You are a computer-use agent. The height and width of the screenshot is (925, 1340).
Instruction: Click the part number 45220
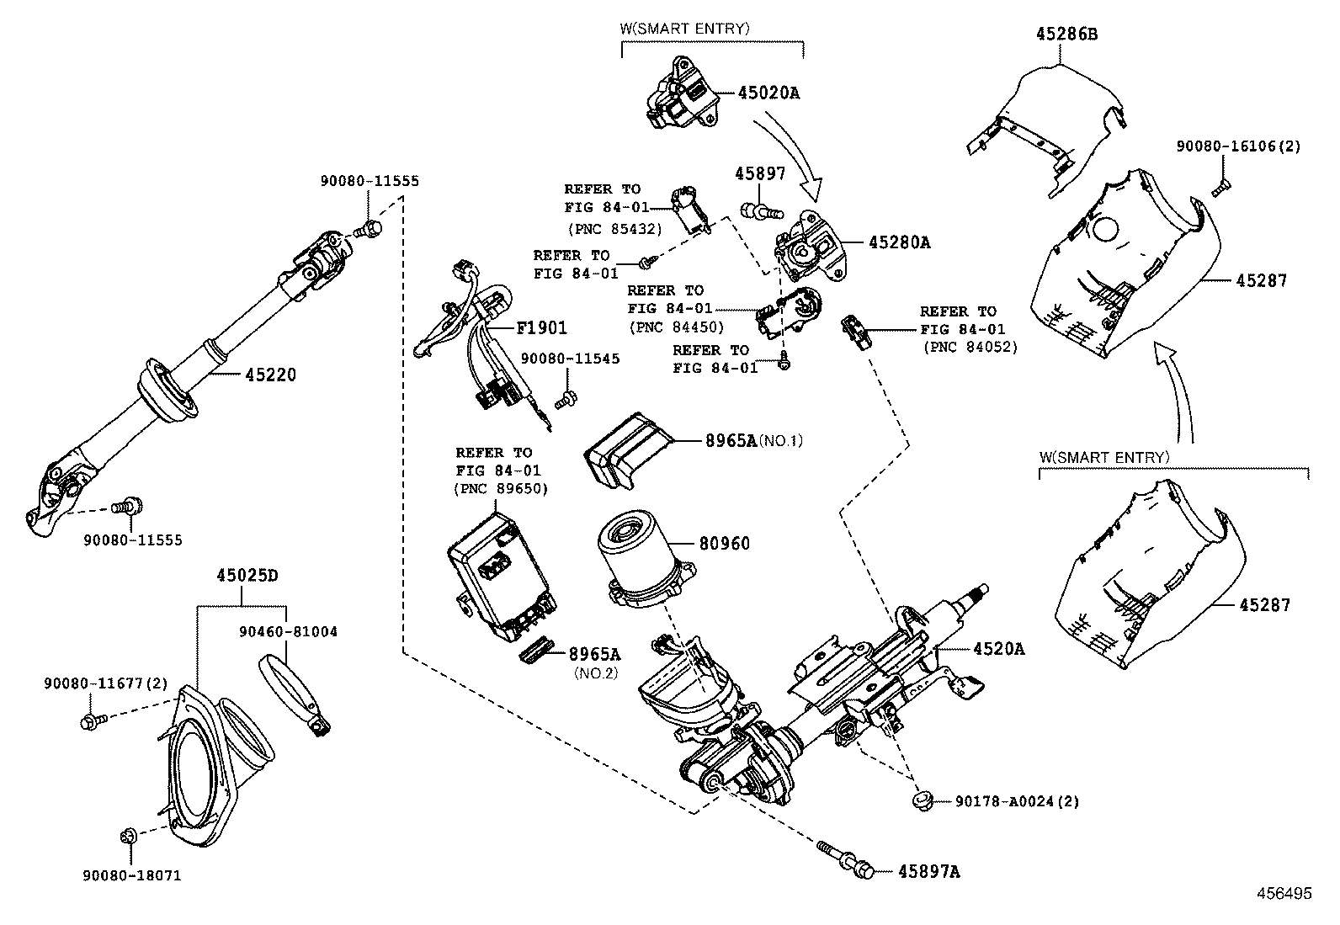click(270, 375)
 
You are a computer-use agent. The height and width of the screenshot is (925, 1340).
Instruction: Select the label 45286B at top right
click(1066, 35)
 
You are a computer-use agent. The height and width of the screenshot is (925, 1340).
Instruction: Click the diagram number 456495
click(1284, 894)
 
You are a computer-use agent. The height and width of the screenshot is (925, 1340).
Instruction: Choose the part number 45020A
click(768, 93)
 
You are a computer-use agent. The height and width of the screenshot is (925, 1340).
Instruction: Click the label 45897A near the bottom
click(928, 872)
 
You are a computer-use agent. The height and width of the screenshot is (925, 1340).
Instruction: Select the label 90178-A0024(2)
click(1017, 802)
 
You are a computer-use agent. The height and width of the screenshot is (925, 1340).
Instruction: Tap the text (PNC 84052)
click(970, 346)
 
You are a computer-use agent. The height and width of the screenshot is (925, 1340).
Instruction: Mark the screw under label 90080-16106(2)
click(1220, 187)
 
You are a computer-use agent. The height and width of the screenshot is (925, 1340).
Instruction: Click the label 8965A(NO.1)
click(754, 440)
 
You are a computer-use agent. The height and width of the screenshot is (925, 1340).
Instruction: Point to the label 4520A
click(998, 649)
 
